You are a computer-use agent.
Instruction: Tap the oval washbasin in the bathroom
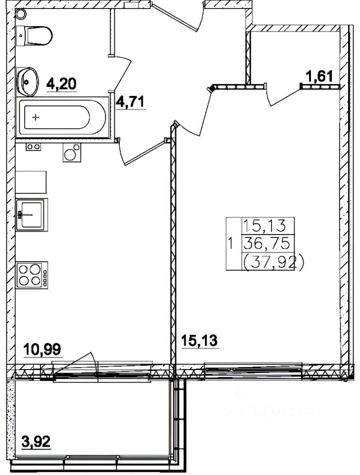tap(27, 82)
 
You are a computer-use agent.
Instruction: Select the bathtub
tap(62, 118)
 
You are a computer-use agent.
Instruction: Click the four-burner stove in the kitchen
tap(32, 276)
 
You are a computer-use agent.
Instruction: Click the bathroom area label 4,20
tap(61, 84)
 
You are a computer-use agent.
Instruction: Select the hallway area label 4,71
tap(131, 102)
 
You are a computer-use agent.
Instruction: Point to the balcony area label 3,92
tap(36, 442)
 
